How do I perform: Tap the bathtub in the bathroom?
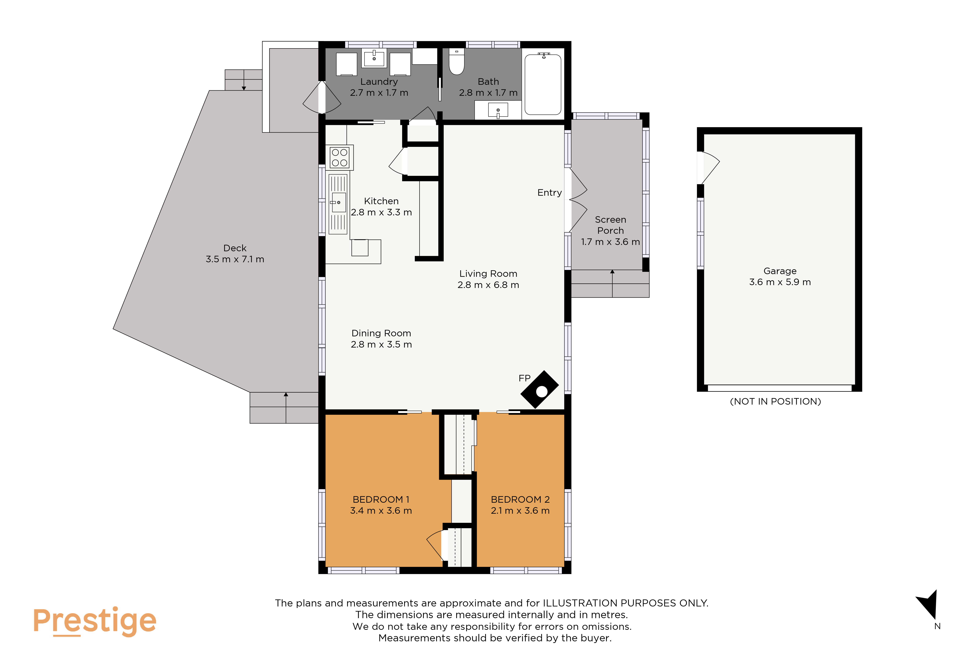(543, 84)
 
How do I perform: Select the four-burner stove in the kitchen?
(339, 157)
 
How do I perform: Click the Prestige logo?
(95, 621)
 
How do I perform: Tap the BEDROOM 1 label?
(381, 500)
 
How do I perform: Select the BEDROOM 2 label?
(520, 500)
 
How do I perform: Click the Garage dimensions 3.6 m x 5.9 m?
(780, 282)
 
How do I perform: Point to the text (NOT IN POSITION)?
(775, 401)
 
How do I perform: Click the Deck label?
(235, 248)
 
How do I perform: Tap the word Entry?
(550, 193)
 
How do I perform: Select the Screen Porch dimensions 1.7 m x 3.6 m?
(610, 242)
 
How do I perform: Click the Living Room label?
(488, 274)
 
